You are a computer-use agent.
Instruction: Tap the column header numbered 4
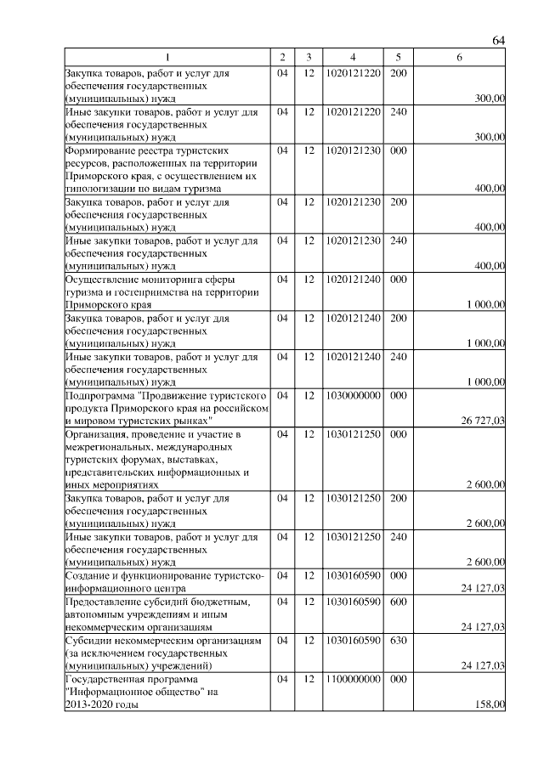click(x=352, y=57)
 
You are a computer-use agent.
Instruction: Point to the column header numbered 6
click(x=459, y=57)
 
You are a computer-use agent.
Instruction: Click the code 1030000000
click(x=352, y=395)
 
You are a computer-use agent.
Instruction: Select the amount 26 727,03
click(x=483, y=421)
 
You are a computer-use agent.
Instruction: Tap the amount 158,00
click(x=490, y=704)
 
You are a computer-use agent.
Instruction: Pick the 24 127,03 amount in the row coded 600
click(x=483, y=627)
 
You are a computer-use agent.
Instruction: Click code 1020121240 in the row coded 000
click(x=352, y=279)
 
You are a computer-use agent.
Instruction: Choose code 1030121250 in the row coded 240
click(x=352, y=537)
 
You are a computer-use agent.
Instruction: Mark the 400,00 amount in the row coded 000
click(x=490, y=188)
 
